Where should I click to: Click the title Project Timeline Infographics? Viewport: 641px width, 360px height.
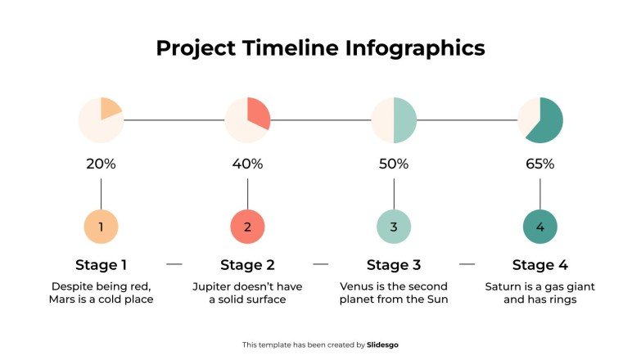[x=320, y=48]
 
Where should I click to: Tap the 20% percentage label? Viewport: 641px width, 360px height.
[x=101, y=164]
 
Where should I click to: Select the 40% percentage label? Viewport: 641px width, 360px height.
[x=247, y=164]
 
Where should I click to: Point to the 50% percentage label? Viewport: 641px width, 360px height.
[x=394, y=164]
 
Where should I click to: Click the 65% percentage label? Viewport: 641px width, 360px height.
[x=540, y=164]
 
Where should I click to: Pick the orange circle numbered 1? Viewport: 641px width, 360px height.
[x=101, y=227]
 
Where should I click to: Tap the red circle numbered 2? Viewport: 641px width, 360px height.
[x=247, y=227]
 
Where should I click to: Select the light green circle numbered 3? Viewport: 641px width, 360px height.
[x=394, y=227]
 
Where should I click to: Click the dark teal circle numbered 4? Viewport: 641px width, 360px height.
[x=540, y=227]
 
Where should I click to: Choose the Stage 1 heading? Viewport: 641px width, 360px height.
[x=101, y=265]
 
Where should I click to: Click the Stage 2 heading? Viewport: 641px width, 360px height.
[x=247, y=265]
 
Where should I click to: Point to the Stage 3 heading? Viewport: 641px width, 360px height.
[x=394, y=265]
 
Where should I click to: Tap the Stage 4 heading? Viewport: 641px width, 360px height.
[x=540, y=265]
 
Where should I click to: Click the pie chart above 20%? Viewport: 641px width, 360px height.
[x=101, y=120]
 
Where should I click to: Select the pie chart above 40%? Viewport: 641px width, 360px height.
[x=247, y=120]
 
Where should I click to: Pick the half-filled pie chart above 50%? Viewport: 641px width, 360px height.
[x=394, y=120]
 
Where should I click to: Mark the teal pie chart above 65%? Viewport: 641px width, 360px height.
[x=540, y=120]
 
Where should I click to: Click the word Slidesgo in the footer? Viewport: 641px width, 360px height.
[x=383, y=345]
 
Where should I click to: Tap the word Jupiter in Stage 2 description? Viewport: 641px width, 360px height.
[x=212, y=287]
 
